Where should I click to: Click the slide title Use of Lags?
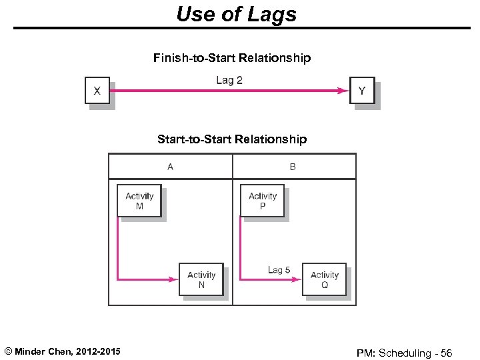(x=236, y=13)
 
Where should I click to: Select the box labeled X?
(x=97, y=91)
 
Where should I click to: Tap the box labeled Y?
(x=362, y=91)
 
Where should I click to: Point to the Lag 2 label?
(x=229, y=80)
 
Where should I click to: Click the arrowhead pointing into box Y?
(x=344, y=91)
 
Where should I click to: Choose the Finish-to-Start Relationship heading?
(x=231, y=58)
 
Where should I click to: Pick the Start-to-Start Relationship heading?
(x=231, y=139)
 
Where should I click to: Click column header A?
(x=170, y=167)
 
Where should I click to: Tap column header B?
(x=293, y=167)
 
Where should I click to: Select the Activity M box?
(x=139, y=201)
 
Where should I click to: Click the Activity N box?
(x=201, y=279)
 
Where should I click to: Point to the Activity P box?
(x=262, y=201)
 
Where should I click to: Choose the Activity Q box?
(x=324, y=279)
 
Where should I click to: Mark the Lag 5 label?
(x=279, y=270)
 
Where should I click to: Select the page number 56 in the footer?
(x=446, y=353)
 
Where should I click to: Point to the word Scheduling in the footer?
(x=407, y=353)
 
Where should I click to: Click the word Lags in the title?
(x=272, y=13)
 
